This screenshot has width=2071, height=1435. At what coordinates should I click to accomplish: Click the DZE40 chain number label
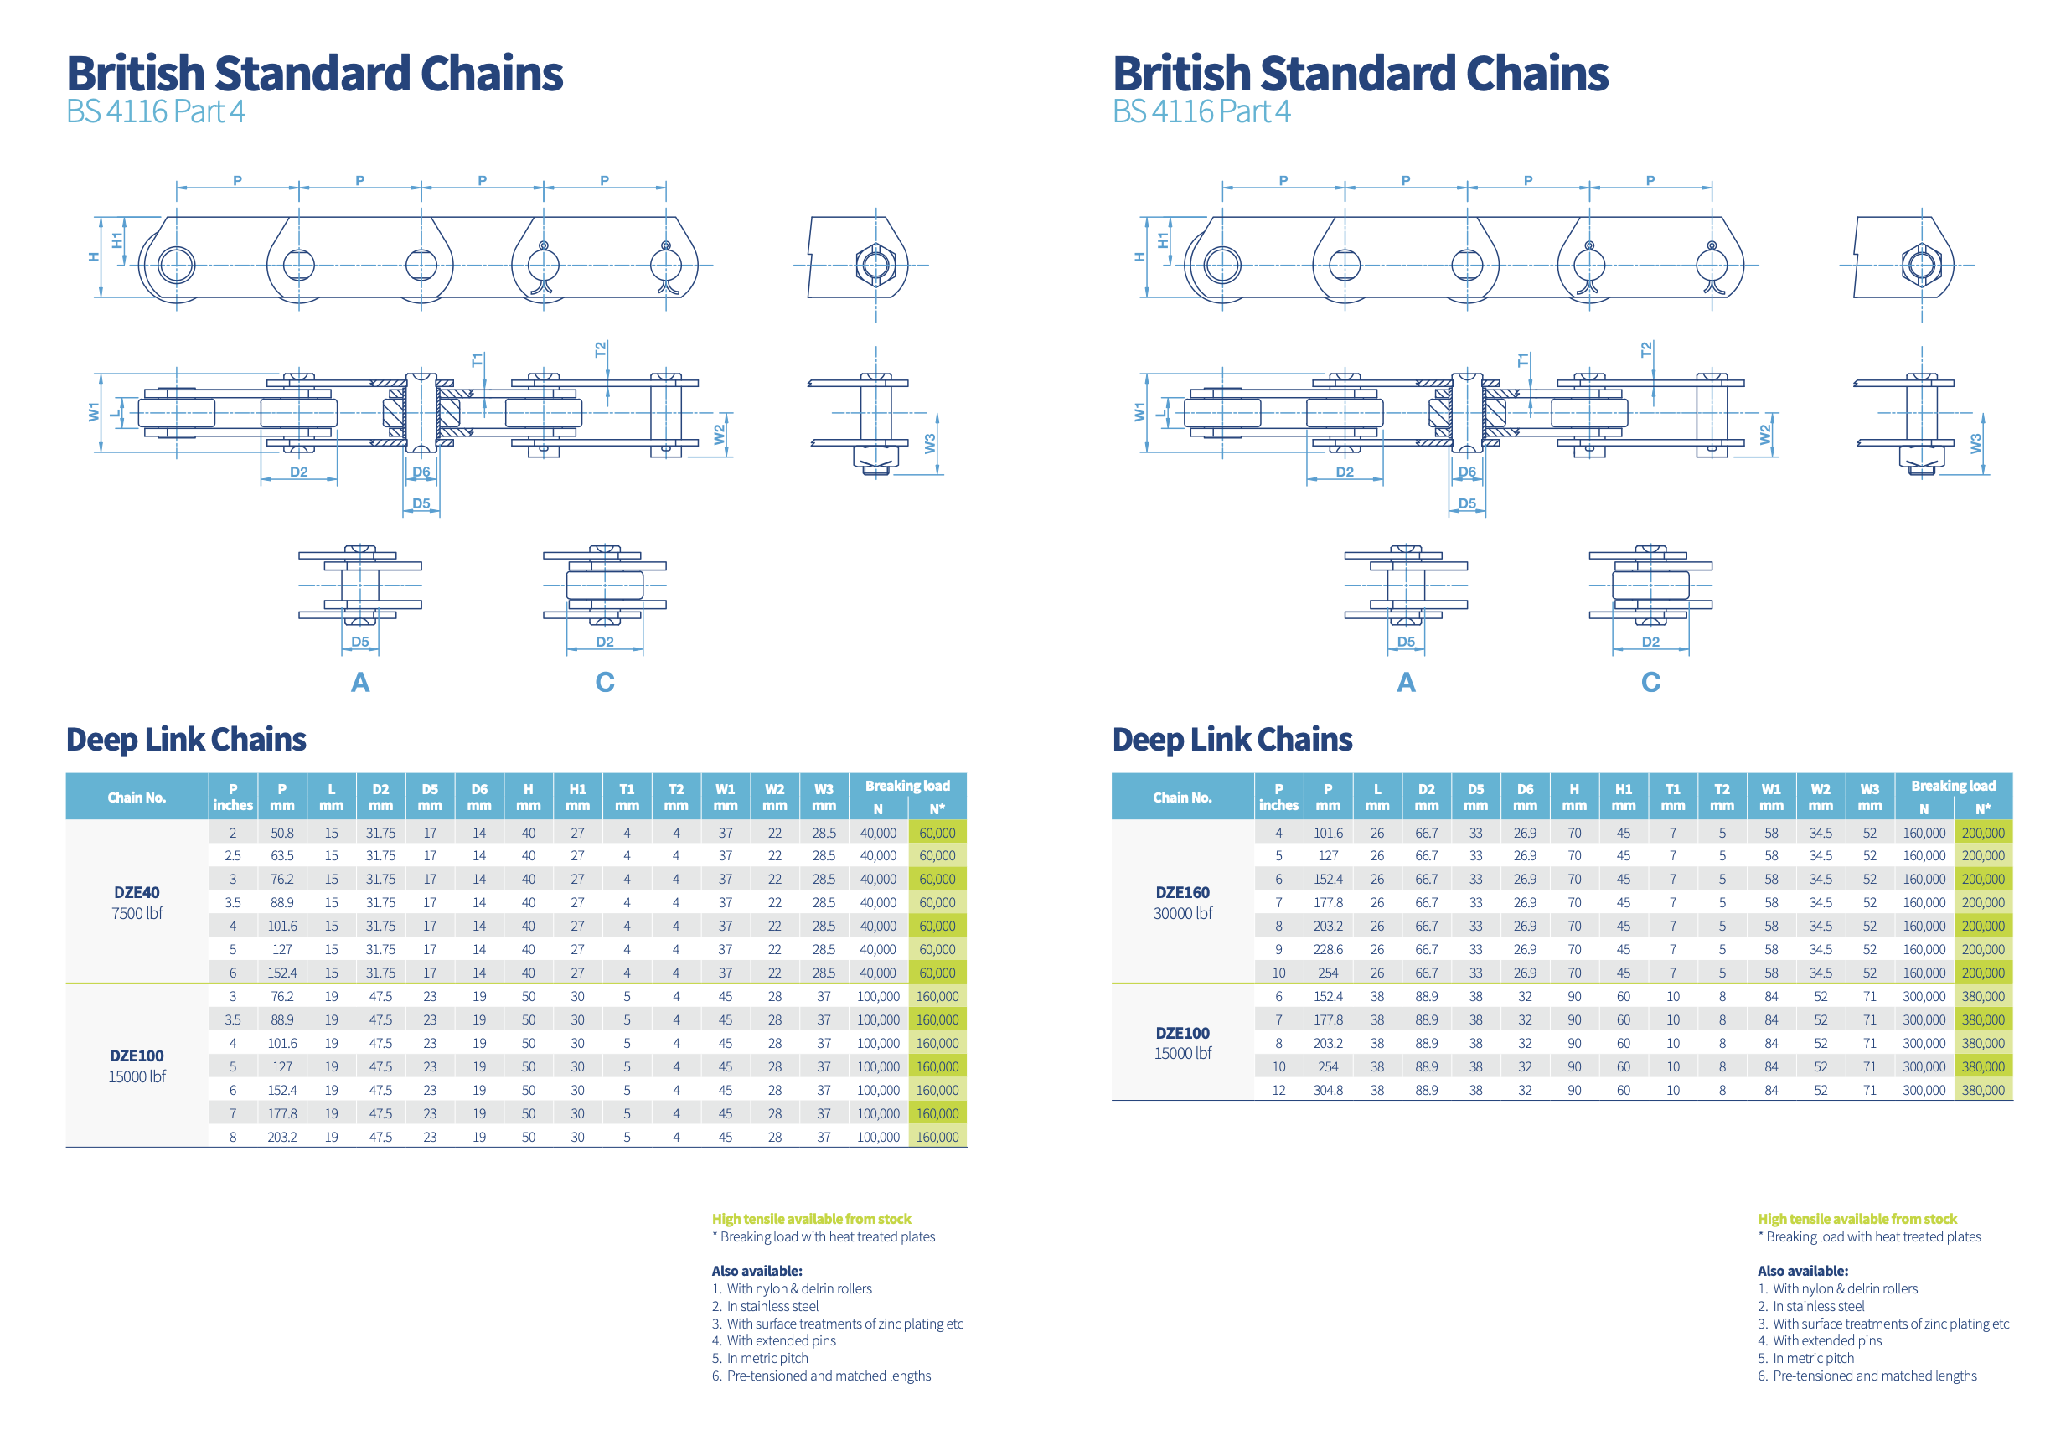[137, 892]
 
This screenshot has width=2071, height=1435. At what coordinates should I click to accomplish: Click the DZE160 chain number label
[1181, 892]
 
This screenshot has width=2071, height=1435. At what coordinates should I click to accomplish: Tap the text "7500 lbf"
[137, 912]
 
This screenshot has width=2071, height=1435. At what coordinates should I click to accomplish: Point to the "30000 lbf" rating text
[1181, 912]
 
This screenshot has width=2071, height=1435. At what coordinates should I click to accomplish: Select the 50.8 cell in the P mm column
[281, 833]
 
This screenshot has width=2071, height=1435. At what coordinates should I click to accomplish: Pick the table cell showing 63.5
[281, 855]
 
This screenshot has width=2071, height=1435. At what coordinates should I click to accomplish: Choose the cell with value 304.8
[1327, 1090]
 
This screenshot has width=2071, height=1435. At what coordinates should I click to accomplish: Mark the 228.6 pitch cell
[1327, 949]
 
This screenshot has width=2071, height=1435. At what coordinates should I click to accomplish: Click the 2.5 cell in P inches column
[232, 855]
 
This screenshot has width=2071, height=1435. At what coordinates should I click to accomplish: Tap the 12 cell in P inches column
[1278, 1090]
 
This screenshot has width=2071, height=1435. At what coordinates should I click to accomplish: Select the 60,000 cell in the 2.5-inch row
[936, 855]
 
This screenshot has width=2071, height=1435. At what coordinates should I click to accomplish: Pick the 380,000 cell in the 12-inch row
[1982, 1090]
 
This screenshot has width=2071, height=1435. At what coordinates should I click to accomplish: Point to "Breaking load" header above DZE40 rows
[906, 785]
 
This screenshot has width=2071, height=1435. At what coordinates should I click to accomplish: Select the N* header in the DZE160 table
[1982, 808]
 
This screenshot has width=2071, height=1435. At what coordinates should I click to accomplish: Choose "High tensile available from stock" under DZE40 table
[811, 1218]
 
